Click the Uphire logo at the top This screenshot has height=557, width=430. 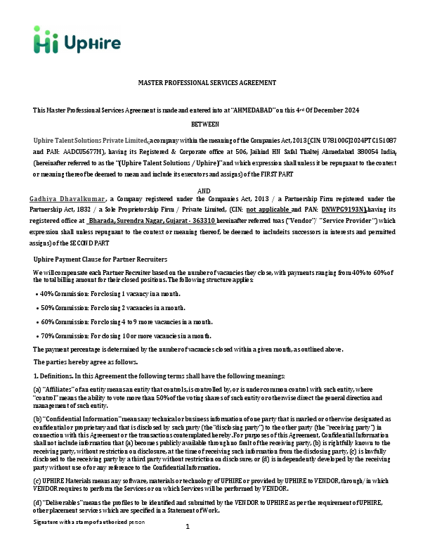click(70, 41)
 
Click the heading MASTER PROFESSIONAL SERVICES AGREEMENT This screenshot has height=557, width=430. click(207, 82)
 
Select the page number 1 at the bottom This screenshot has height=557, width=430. click(188, 546)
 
